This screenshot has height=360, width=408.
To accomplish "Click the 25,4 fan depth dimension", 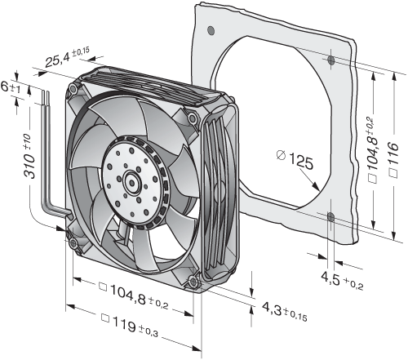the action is pos(67,58).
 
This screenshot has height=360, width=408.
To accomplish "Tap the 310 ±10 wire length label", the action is pos(29,157).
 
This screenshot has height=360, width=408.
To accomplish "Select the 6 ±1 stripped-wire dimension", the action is pos(11,87).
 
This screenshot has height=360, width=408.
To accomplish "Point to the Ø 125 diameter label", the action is pos(295,160).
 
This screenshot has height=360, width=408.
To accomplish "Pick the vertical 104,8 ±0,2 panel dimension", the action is pos(374,150).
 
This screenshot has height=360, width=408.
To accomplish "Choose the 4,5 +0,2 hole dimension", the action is pos(342,281).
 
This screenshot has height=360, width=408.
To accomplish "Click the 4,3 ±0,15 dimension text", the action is pos(285,311).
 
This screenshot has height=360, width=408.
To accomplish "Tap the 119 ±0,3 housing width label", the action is pos(129,326).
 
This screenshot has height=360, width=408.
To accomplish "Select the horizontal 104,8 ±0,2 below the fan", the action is pos(134,296).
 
